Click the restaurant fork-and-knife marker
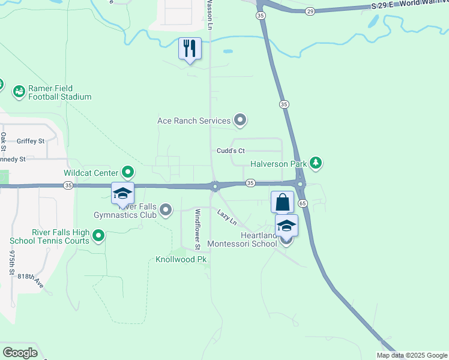pyautogui.click(x=190, y=49)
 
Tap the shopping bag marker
pyautogui.click(x=282, y=202)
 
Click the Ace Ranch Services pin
pyautogui.click(x=240, y=121)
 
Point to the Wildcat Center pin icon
pyautogui.click(x=128, y=173)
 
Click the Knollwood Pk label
pyautogui.click(x=181, y=260)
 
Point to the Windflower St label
pyautogui.click(x=197, y=229)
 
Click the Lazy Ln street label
pyautogui.click(x=228, y=217)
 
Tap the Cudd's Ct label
pyautogui.click(x=231, y=151)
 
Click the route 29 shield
pyautogui.click(x=310, y=11)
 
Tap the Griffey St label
pyautogui.click(x=31, y=142)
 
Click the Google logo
pyautogui.click(x=20, y=352)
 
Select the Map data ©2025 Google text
pyautogui.click(x=412, y=355)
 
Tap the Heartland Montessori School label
pyautogui.click(x=242, y=240)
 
